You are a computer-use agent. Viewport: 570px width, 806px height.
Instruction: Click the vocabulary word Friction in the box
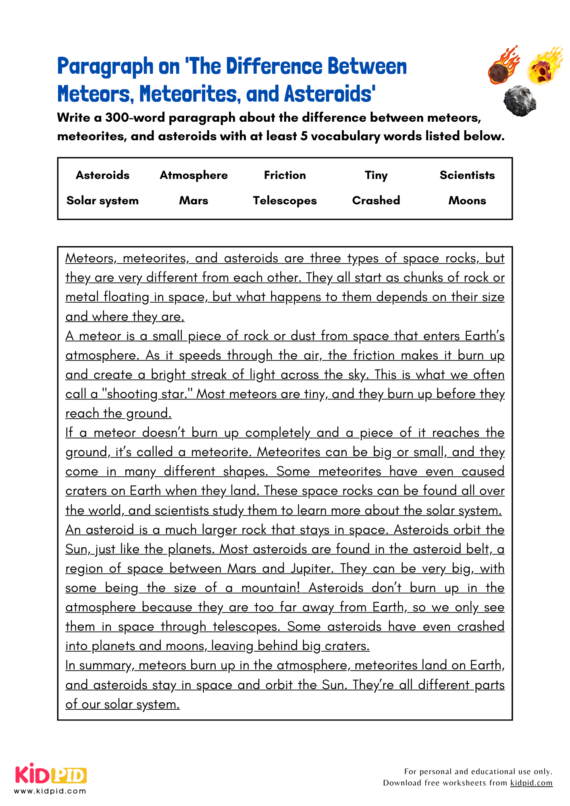[285, 175]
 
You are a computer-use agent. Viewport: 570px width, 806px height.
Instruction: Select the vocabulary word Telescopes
[285, 201]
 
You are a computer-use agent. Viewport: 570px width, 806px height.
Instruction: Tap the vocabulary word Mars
[193, 201]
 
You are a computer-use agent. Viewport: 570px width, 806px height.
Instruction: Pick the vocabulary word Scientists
[467, 175]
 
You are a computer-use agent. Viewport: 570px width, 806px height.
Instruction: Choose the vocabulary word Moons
[467, 201]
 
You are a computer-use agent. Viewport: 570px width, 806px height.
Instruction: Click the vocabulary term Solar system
[102, 201]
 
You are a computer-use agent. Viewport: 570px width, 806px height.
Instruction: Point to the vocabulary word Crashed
[376, 200]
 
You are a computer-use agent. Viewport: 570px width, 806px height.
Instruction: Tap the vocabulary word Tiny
[376, 176]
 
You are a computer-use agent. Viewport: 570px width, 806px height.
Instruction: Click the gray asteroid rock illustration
[520, 101]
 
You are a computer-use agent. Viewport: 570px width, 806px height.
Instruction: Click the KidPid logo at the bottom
[51, 774]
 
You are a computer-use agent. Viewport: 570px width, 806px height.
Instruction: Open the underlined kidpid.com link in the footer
[531, 783]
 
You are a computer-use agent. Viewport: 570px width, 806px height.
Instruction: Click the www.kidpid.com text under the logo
[50, 791]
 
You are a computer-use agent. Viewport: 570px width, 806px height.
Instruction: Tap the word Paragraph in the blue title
[105, 67]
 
